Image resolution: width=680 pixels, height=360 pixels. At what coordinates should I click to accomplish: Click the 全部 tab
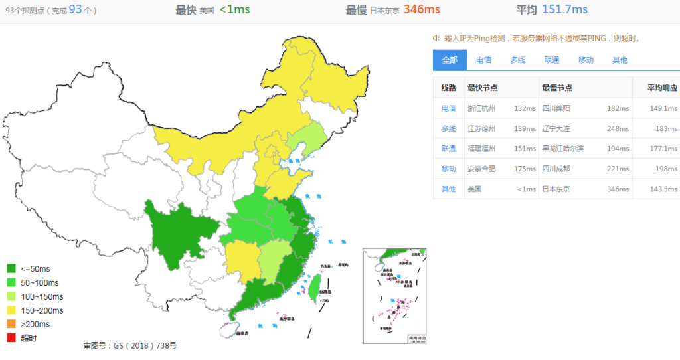[x=450, y=60]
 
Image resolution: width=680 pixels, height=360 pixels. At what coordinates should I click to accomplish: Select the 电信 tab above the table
[x=483, y=60]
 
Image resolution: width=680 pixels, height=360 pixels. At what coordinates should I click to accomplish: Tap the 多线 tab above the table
[x=517, y=60]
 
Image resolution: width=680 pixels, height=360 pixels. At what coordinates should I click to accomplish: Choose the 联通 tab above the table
[x=551, y=60]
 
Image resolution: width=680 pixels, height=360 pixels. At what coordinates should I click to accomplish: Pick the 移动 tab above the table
[x=585, y=60]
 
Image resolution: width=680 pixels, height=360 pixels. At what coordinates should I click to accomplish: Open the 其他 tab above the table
[x=619, y=60]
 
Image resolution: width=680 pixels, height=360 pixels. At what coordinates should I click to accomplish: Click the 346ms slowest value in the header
[x=422, y=9]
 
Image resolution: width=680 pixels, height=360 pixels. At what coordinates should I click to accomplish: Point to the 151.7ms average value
[x=564, y=9]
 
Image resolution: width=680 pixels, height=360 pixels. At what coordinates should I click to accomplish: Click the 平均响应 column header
[x=662, y=88]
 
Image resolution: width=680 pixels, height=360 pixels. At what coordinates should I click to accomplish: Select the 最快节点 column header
[x=483, y=88]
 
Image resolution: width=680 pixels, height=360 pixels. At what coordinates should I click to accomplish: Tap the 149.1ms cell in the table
[x=663, y=108]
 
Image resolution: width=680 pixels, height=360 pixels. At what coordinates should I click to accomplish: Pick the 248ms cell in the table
[x=617, y=128]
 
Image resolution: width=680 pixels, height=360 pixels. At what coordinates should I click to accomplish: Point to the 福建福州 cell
[x=481, y=148]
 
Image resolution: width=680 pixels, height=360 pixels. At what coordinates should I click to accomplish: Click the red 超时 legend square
[x=11, y=338]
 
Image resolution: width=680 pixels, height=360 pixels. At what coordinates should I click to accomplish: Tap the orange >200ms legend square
[x=11, y=324]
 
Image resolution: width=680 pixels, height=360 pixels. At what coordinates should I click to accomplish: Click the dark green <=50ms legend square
[x=11, y=269]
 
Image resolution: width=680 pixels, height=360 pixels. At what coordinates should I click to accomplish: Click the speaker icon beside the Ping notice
[x=437, y=39]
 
